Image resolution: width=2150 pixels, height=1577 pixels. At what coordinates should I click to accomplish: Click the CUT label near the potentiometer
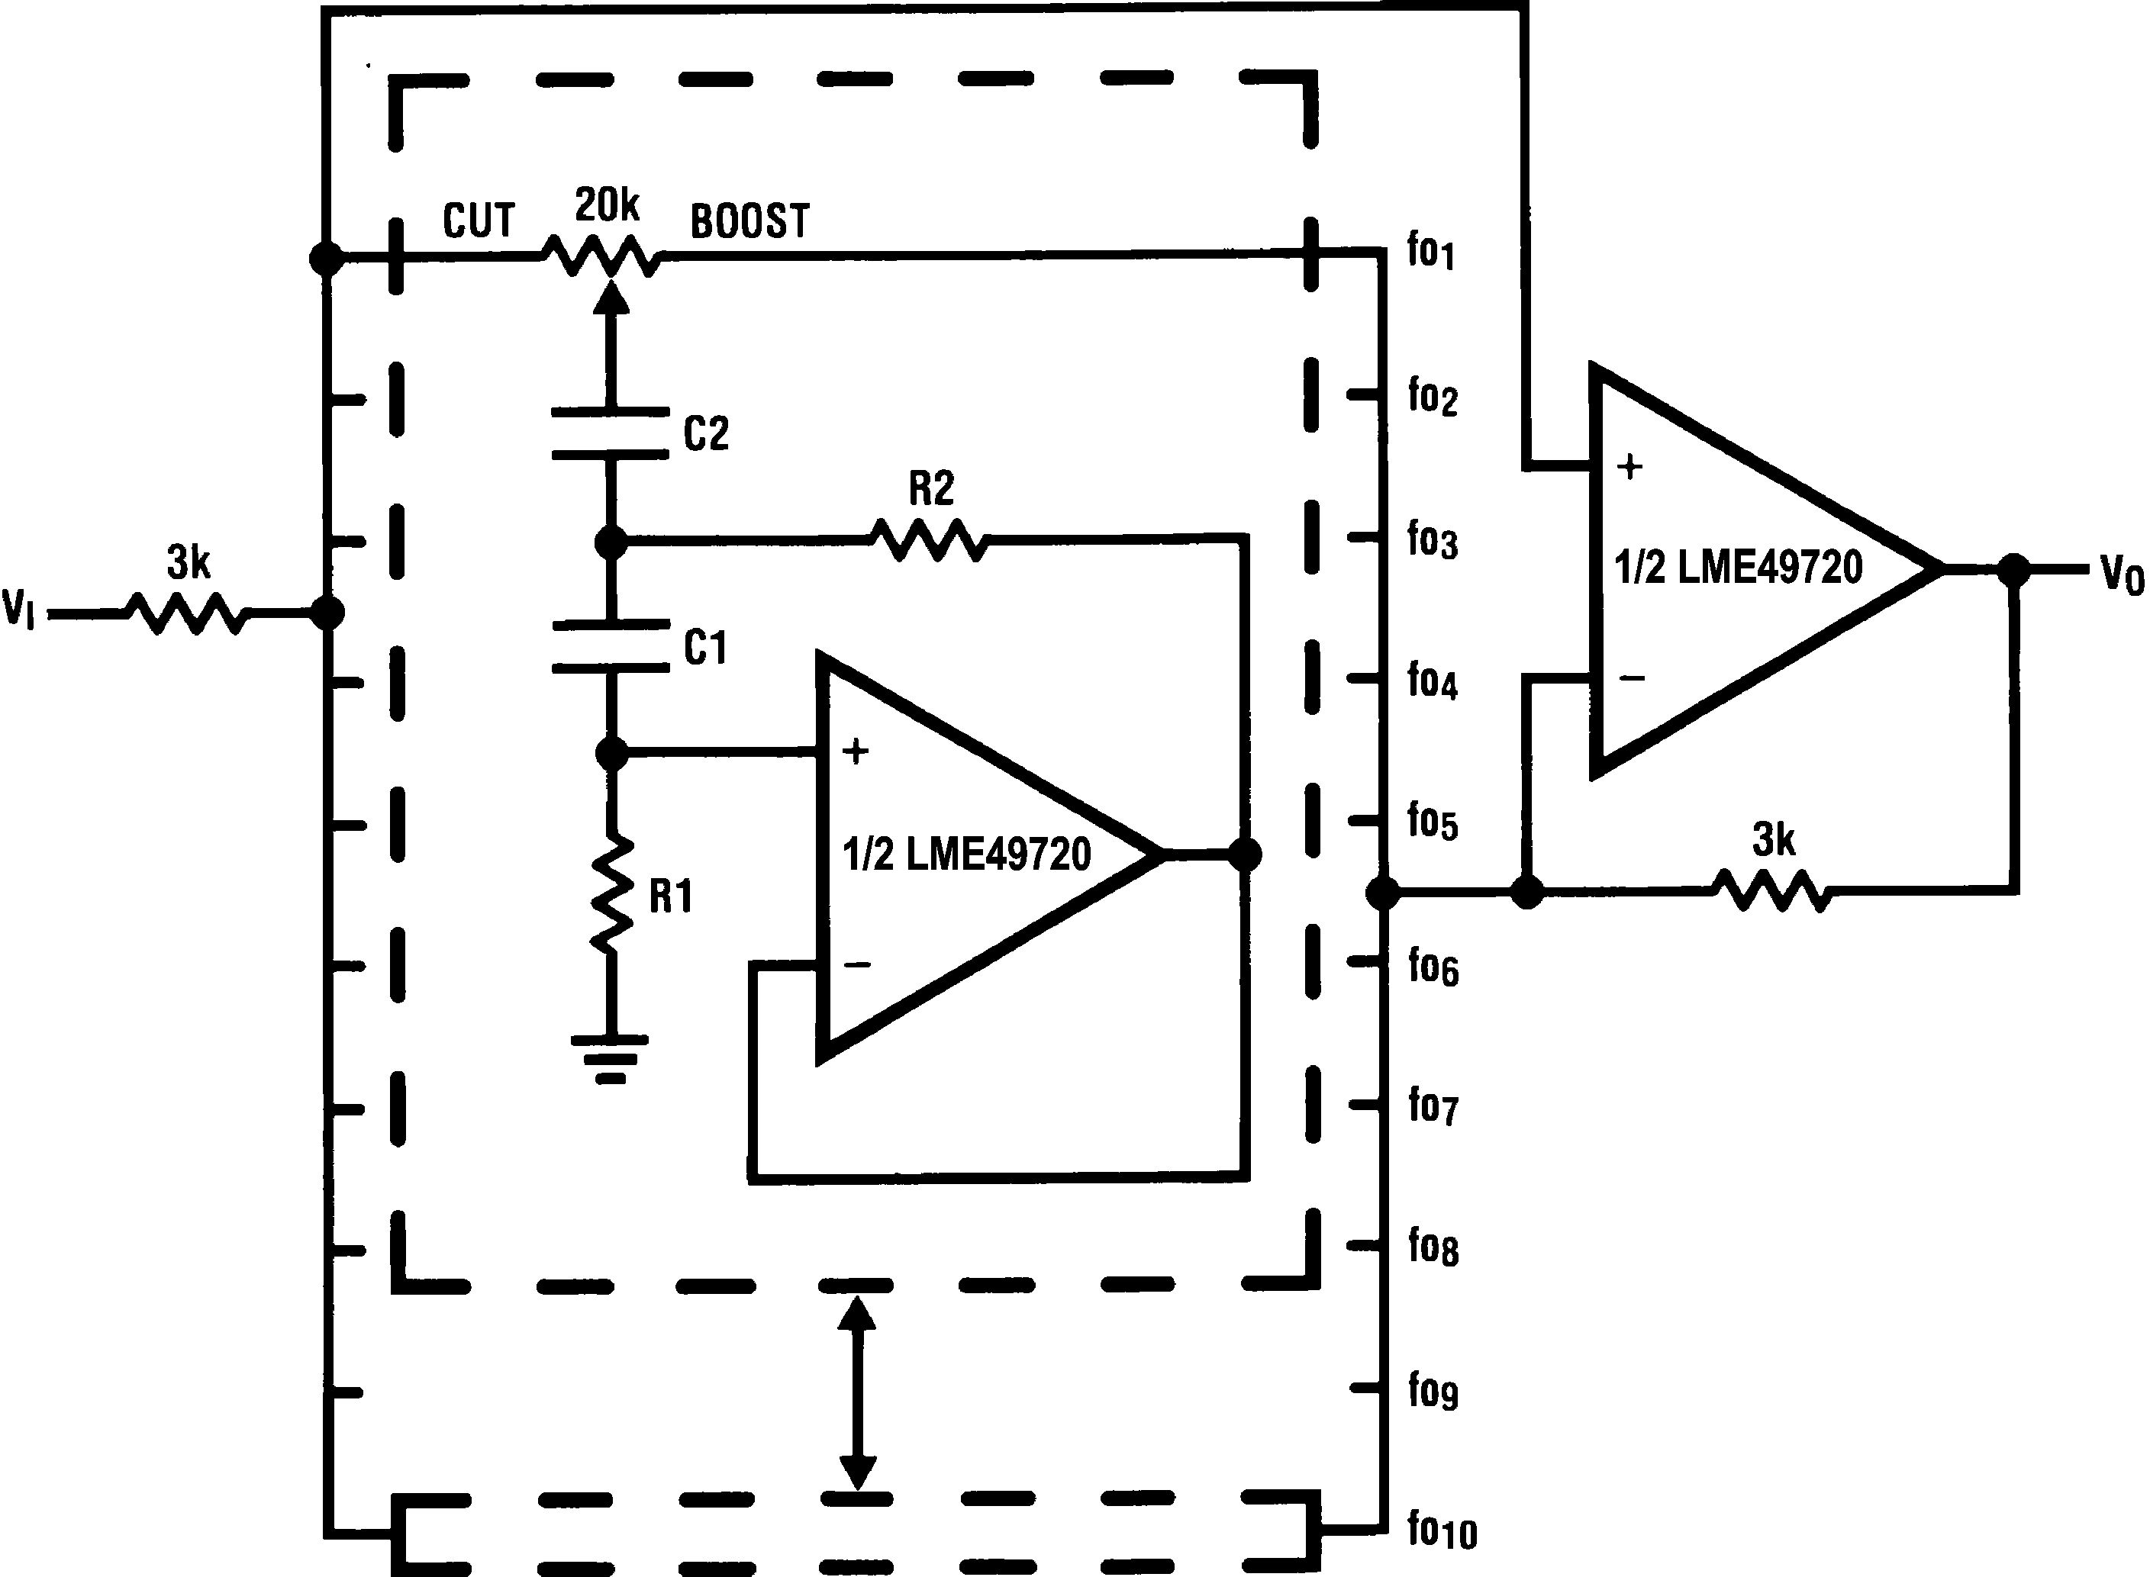click(x=479, y=220)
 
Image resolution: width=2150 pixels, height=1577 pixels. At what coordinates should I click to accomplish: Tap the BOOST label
click(x=749, y=221)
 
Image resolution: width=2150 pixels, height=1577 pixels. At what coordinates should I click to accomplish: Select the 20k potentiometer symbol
click(x=602, y=255)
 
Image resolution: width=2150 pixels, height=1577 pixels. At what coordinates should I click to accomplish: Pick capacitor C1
click(x=611, y=647)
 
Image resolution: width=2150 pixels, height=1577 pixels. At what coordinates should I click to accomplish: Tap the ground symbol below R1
click(x=610, y=1056)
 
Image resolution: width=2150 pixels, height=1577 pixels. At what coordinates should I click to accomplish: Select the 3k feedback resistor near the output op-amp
click(x=1773, y=890)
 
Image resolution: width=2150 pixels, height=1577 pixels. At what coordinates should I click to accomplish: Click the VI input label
click(x=18, y=608)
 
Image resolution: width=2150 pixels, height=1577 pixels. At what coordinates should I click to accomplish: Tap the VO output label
click(x=2120, y=574)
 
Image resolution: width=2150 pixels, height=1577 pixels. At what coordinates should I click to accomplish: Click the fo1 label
click(x=1430, y=251)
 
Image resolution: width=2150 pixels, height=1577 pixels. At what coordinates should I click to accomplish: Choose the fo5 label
click(x=1432, y=821)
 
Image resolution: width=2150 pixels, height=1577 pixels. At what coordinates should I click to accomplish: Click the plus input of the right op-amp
click(x=1629, y=467)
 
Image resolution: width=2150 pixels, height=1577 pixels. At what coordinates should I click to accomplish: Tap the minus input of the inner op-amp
click(x=856, y=965)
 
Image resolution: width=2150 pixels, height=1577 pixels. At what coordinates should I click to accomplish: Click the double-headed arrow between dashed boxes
click(x=856, y=1393)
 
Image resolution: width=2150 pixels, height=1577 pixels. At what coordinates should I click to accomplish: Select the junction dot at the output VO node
click(x=2014, y=570)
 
